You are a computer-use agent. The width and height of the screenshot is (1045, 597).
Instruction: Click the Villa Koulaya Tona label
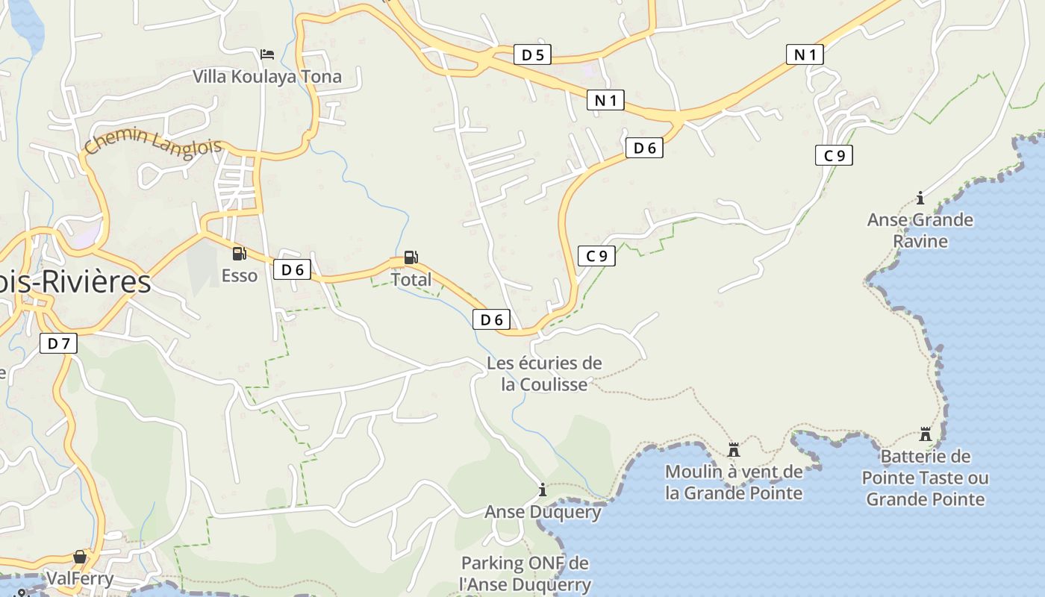(267, 76)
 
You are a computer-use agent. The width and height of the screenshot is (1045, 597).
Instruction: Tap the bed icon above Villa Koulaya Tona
(267, 54)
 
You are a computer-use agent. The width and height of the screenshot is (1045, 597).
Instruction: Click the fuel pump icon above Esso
(239, 254)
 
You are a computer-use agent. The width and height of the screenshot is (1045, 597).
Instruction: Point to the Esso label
(239, 276)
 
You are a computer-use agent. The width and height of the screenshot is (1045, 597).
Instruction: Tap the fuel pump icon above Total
(411, 257)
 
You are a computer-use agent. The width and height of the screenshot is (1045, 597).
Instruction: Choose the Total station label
(411, 280)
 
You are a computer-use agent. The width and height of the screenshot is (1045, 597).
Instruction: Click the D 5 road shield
(532, 54)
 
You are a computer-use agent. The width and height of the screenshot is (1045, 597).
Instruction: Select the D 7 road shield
(58, 344)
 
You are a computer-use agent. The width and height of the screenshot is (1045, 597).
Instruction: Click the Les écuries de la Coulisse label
(544, 374)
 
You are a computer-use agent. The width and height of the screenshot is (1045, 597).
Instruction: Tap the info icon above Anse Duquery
(543, 490)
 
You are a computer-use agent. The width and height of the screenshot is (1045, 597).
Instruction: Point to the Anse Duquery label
(543, 512)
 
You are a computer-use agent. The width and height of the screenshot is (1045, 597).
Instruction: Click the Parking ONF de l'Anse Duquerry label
(525, 574)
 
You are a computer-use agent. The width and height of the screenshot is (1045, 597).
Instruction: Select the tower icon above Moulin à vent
(734, 449)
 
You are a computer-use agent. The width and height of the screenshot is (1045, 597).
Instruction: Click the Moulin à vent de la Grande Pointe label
(734, 482)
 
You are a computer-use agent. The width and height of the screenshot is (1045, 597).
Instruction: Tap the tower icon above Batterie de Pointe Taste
(926, 434)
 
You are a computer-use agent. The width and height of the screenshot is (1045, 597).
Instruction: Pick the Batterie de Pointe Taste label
(926, 478)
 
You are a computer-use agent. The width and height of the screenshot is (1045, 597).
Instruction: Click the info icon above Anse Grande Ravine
(920, 198)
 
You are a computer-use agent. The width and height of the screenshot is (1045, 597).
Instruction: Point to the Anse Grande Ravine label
(920, 230)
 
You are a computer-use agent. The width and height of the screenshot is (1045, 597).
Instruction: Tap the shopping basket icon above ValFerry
(80, 557)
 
